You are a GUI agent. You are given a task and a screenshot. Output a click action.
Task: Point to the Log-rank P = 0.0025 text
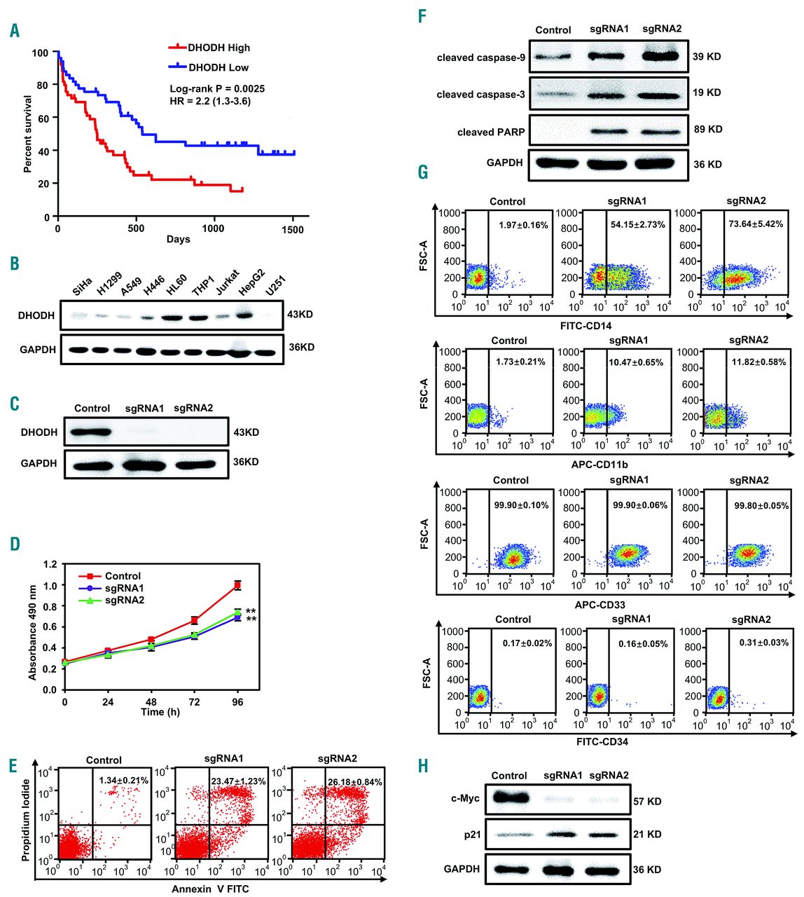click(x=217, y=89)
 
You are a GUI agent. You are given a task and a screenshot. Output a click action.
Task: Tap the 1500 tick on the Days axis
click(x=292, y=228)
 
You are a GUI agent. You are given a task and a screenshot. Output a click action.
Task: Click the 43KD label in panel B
click(x=300, y=315)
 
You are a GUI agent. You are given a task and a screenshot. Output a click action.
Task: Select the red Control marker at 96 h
click(x=238, y=584)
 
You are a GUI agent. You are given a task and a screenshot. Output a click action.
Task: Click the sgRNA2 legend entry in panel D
click(x=124, y=601)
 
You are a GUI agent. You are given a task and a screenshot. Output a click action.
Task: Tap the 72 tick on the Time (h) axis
click(x=195, y=701)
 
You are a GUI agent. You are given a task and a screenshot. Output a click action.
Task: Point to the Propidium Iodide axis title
click(x=27, y=802)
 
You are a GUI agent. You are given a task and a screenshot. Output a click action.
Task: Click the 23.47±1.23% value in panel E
click(x=235, y=782)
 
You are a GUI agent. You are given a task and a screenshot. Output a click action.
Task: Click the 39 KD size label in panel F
click(x=707, y=56)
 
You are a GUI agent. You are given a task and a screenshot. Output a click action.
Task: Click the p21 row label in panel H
click(x=469, y=834)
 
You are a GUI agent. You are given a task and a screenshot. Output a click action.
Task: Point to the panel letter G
click(x=423, y=172)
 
